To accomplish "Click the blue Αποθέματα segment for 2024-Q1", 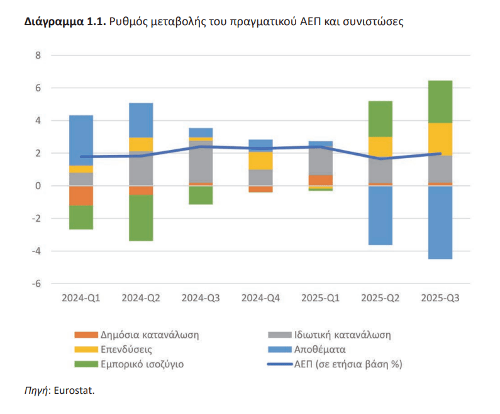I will [x=81, y=140].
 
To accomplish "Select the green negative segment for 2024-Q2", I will [x=141, y=218].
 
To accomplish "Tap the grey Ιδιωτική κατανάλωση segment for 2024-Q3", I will [x=201, y=162].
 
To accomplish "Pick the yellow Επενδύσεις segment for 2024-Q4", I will [x=260, y=161].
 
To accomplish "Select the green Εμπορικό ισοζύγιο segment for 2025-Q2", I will [x=381, y=118].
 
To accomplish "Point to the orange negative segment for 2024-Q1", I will [x=81, y=195].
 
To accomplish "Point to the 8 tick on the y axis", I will [x=37, y=55].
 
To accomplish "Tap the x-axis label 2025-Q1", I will [x=320, y=297].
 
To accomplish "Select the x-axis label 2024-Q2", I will [x=141, y=297].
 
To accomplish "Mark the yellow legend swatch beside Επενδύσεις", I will [x=86, y=349].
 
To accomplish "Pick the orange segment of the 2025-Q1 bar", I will [x=320, y=180].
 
